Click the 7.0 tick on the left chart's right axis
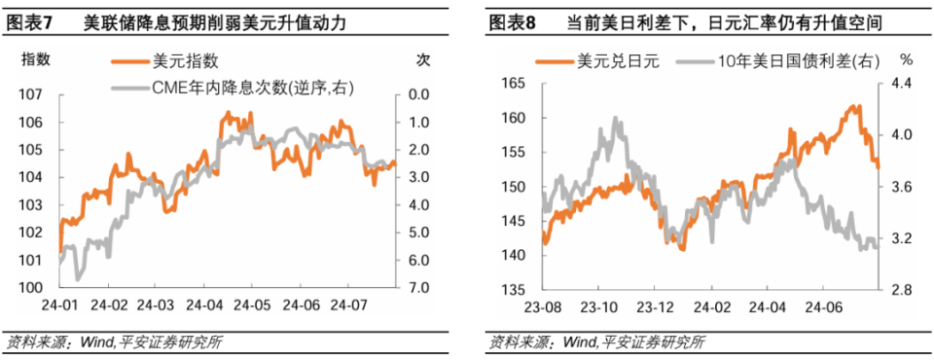tap(419, 289)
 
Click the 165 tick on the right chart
tap(512, 84)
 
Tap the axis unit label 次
tap(422, 59)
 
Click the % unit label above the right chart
tap(905, 59)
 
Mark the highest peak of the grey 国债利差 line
tap(617, 119)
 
